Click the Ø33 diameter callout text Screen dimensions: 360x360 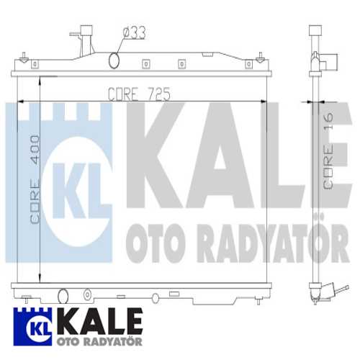(135, 32)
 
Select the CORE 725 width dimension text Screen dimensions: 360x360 (138, 94)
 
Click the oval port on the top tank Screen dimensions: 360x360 (114, 60)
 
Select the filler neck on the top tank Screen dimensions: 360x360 (86, 36)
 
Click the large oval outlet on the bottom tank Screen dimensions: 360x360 (63, 294)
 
